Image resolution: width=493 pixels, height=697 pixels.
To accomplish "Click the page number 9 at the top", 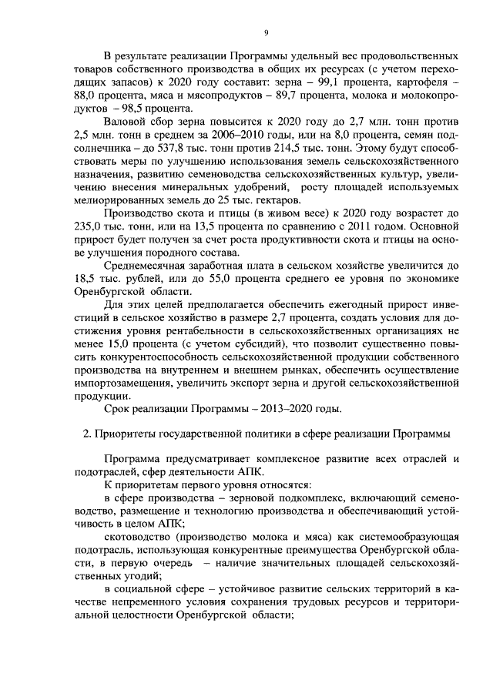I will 265,32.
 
